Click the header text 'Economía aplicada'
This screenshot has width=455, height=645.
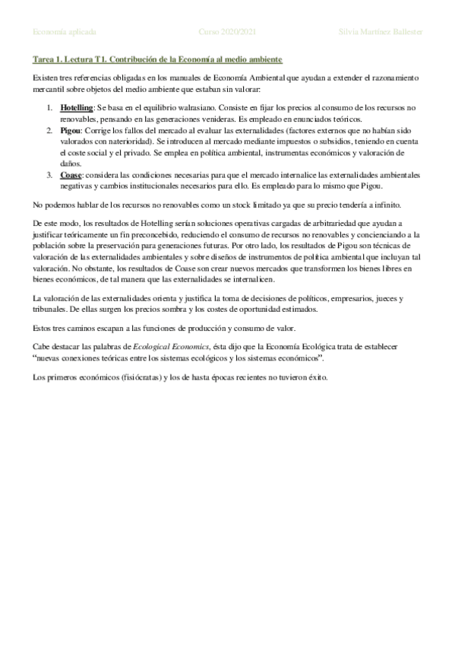coord(65,32)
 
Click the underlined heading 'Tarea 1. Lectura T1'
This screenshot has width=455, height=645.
coord(74,59)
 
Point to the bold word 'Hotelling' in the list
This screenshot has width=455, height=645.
coord(77,109)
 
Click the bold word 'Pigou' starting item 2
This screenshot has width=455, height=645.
coord(70,132)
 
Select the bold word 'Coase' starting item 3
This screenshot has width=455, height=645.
coord(71,176)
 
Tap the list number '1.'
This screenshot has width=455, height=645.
coord(51,109)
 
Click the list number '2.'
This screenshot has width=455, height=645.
coord(51,132)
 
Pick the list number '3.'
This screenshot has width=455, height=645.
coord(51,176)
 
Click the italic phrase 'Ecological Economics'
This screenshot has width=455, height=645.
coord(164,347)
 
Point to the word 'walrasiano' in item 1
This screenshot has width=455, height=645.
coord(189,109)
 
